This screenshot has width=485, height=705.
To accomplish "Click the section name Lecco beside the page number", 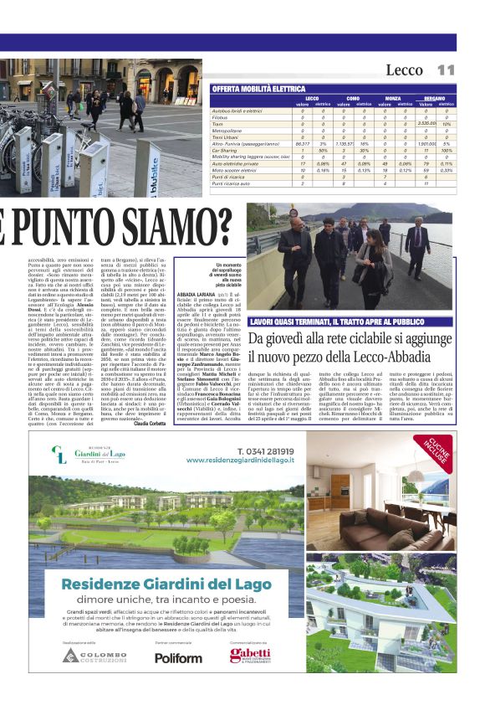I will coord(404,70).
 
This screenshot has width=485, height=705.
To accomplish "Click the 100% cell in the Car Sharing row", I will coord(447,150).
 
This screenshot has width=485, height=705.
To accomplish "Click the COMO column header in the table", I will coord(353,98).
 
